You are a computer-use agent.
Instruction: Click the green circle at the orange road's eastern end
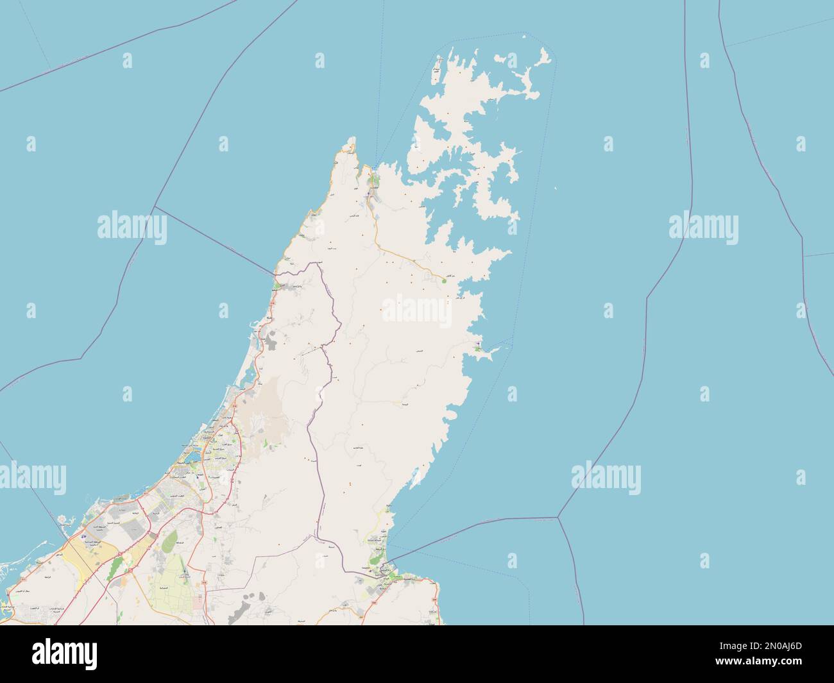[444, 280]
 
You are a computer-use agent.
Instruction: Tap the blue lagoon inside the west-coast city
[191, 458]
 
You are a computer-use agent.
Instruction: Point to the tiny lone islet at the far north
[524, 37]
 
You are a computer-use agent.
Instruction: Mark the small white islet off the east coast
[556, 189]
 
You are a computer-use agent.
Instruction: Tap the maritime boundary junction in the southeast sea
[558, 517]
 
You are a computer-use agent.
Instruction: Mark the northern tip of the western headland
[351, 139]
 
